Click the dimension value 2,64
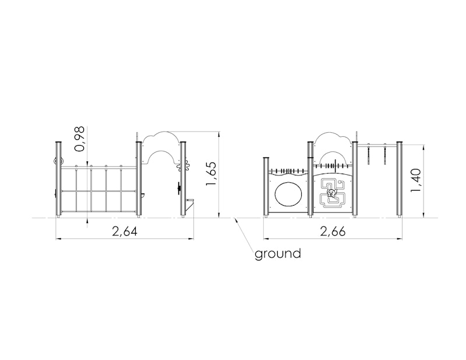pos(125,231)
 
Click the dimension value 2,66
pos(333,231)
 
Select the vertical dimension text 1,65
pos(213,175)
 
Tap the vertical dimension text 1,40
pos(416,180)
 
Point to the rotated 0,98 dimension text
pos(80,139)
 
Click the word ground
pos(278,254)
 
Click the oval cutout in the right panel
pos(290,194)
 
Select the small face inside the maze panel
pos(330,193)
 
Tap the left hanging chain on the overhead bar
pos(369,154)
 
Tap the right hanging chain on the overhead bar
pos(385,154)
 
